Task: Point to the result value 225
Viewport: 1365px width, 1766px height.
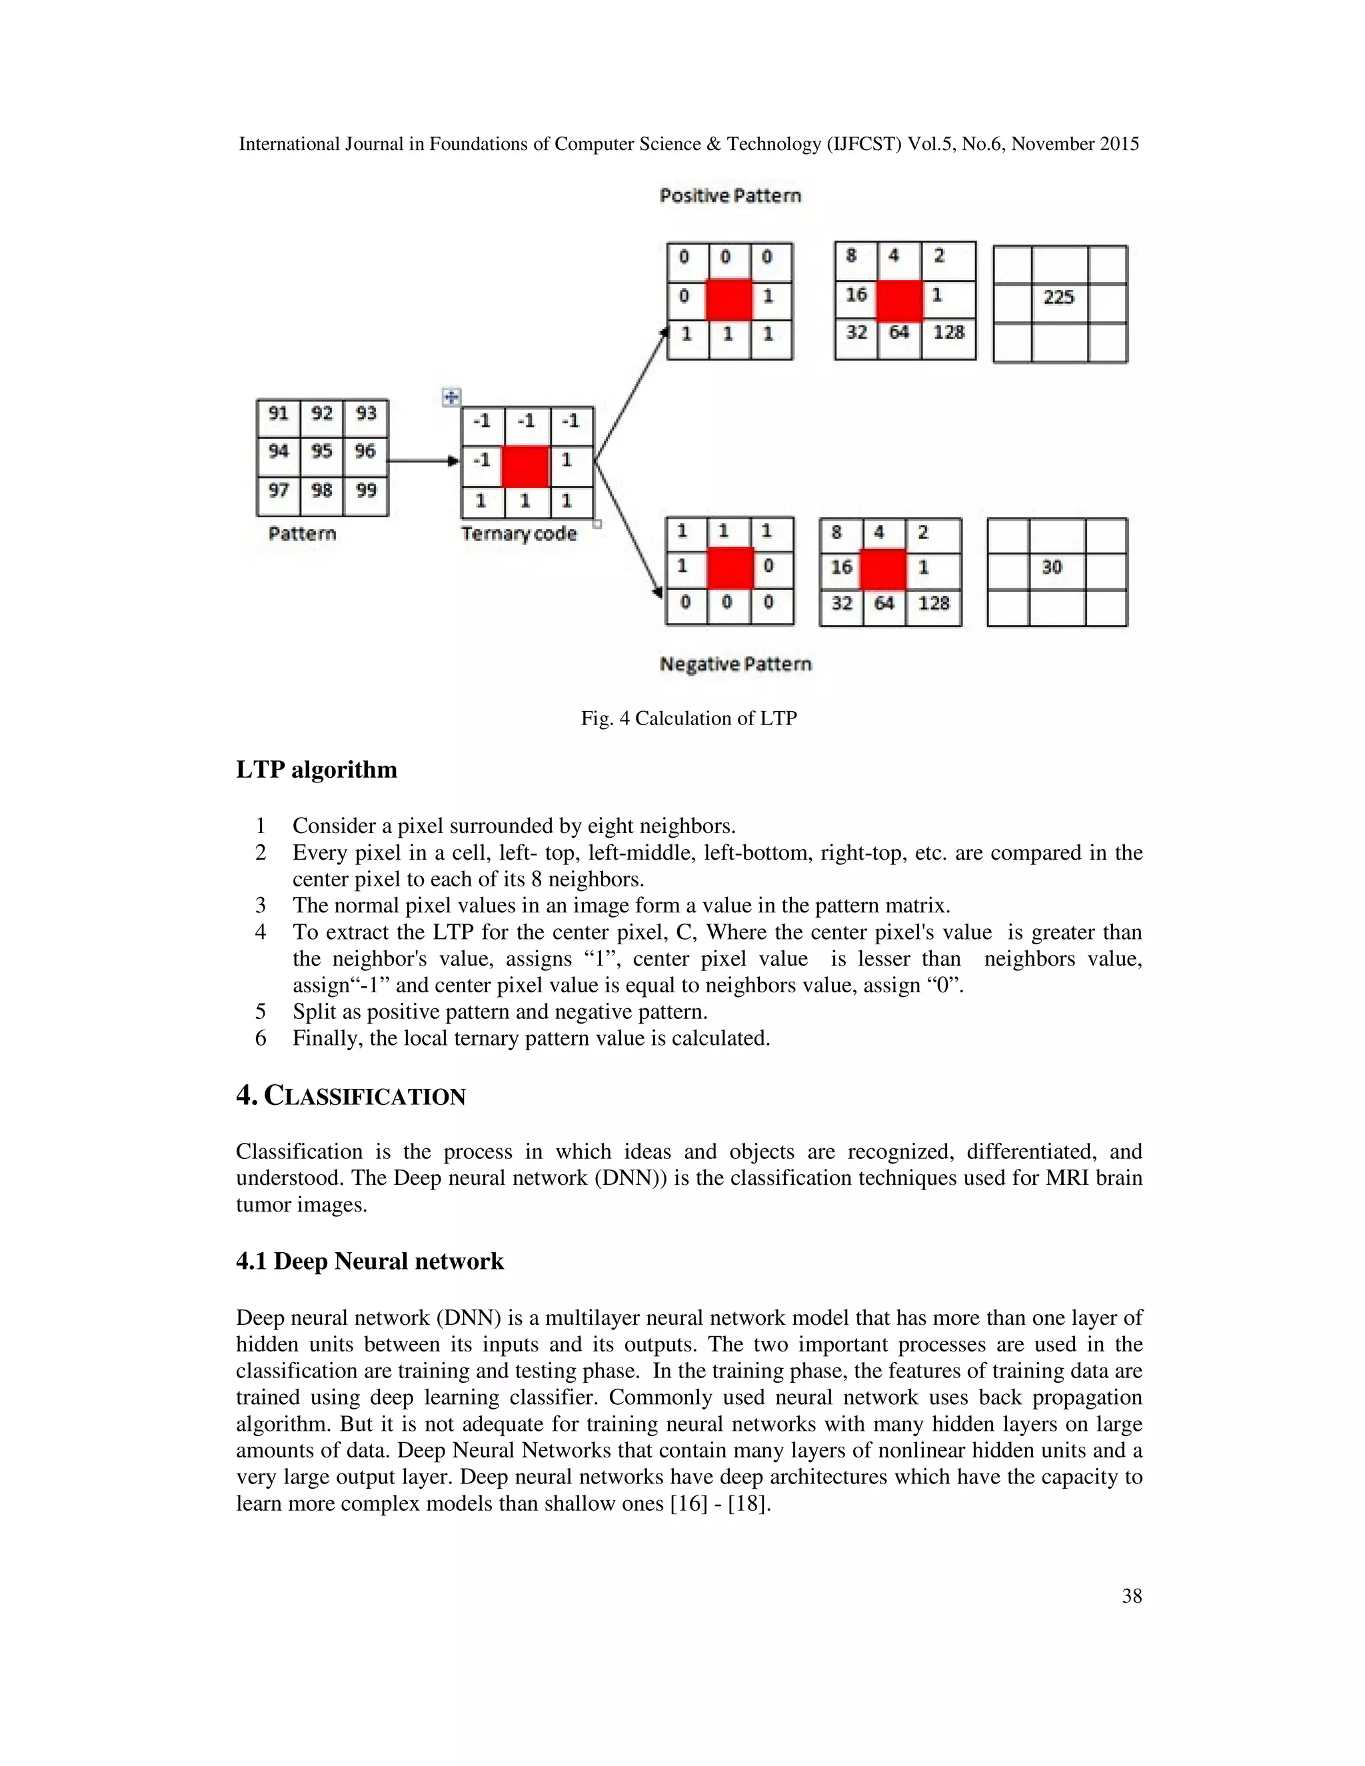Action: pos(1058,298)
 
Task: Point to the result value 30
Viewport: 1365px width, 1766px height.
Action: pos(1052,568)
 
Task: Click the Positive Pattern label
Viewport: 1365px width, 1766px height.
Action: pos(730,196)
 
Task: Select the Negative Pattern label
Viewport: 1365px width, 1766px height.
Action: pos(735,664)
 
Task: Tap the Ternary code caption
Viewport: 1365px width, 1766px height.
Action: pos(519,534)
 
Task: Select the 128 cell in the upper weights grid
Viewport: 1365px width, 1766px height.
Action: pos(948,333)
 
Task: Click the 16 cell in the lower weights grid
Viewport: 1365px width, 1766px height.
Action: pos(842,568)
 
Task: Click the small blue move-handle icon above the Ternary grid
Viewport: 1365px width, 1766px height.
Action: pos(451,397)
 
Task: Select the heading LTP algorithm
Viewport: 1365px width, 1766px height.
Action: pos(316,769)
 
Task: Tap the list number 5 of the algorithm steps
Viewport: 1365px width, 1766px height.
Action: pos(261,1012)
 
